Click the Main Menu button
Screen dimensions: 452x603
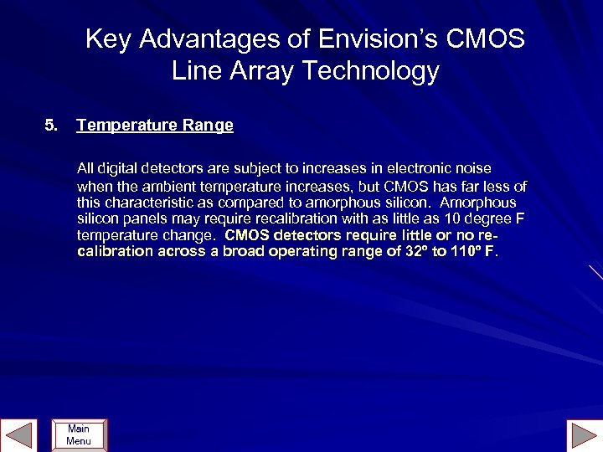click(79, 435)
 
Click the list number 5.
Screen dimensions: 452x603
click(51, 126)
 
